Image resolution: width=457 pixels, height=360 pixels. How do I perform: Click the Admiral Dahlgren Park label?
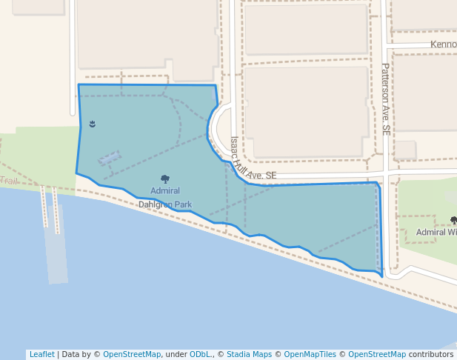point(165,197)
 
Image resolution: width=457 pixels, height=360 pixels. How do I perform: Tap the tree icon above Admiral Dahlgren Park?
point(165,179)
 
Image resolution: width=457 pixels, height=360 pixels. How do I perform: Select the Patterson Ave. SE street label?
point(386,98)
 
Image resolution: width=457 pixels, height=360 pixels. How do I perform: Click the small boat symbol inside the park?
point(93,124)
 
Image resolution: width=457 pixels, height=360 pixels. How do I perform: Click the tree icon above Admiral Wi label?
point(453,220)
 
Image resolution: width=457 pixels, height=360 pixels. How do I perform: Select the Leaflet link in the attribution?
point(41,354)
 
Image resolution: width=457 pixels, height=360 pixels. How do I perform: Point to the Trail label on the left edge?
point(9,181)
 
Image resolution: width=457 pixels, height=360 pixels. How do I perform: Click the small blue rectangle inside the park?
point(109,158)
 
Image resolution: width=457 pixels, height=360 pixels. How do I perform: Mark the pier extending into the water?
point(58,244)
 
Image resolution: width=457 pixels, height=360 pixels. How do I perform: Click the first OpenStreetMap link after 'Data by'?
point(132,354)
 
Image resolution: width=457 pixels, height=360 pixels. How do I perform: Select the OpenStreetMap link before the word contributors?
point(377,354)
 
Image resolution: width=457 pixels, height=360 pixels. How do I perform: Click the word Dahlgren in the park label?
point(156,204)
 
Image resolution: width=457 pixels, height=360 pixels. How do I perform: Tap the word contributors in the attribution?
point(431,354)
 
